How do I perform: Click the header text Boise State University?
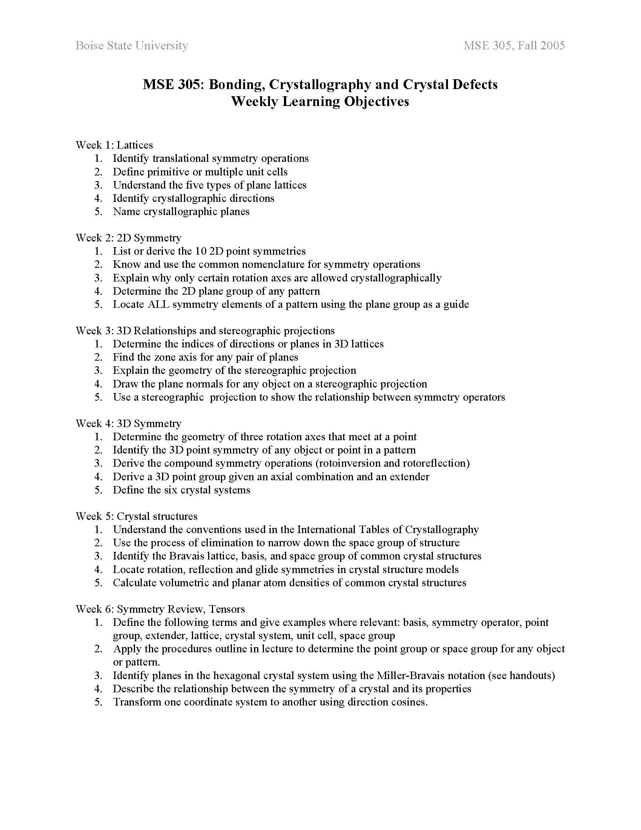pyautogui.click(x=132, y=46)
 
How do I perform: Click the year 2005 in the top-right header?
pyautogui.click(x=552, y=46)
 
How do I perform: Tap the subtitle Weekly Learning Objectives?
pyautogui.click(x=320, y=101)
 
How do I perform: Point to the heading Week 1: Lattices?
pyautogui.click(x=114, y=145)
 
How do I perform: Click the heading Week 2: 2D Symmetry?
pyautogui.click(x=128, y=238)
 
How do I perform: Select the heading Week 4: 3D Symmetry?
pyautogui.click(x=128, y=423)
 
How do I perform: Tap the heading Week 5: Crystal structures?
pyautogui.click(x=137, y=516)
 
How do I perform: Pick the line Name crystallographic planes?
pyautogui.click(x=181, y=211)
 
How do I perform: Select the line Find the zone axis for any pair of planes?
pyautogui.click(x=205, y=357)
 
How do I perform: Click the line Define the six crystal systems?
pyautogui.click(x=181, y=489)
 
